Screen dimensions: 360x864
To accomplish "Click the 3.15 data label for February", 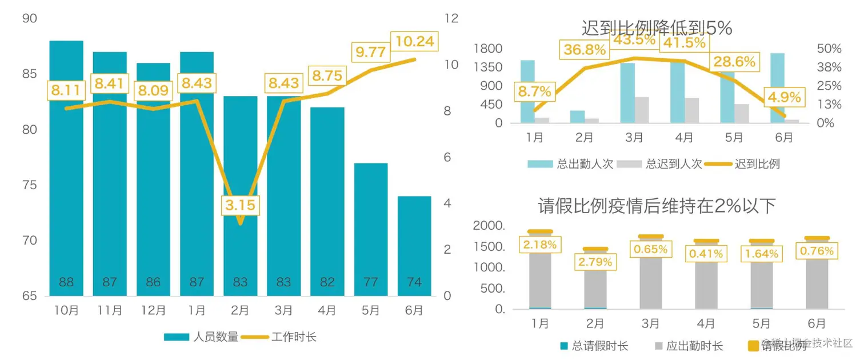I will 240,205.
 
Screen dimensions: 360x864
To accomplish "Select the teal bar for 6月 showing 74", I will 414,246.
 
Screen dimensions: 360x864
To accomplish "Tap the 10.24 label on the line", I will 415,41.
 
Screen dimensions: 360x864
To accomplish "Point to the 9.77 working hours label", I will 371,52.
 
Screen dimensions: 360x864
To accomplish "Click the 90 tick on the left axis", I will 29,19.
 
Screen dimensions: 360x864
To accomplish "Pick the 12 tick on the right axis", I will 451,19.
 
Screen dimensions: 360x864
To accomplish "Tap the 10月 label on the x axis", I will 66,310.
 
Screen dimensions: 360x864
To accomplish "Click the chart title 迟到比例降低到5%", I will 657,28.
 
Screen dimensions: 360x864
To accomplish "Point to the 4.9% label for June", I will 784,97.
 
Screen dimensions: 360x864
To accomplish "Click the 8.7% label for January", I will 535,91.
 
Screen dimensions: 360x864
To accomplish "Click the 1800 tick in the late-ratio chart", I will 488,49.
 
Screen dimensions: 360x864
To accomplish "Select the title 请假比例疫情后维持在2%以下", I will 657,206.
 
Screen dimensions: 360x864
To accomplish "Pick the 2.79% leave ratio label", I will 595,262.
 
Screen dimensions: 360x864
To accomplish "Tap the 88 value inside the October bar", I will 66,282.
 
